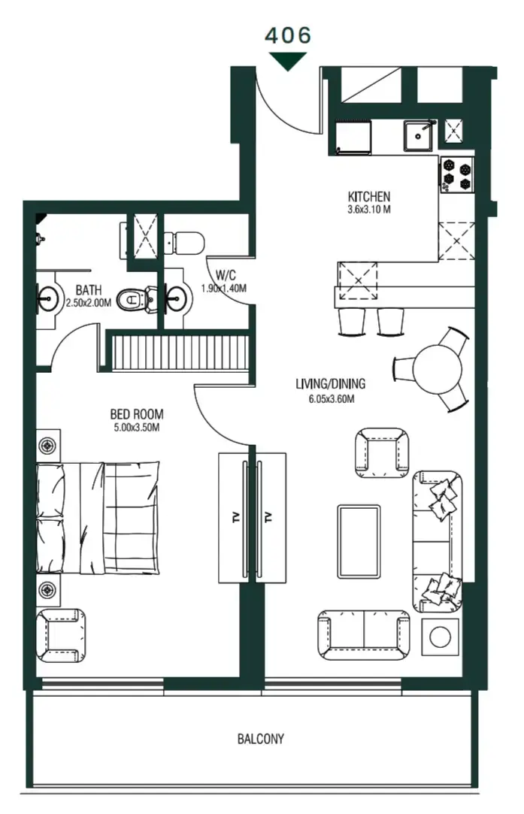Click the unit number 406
(x=287, y=35)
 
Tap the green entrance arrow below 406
(x=287, y=62)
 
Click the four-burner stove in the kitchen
(x=457, y=174)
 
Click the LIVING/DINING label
(x=330, y=385)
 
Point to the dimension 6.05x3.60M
(x=330, y=398)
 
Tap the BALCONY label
(x=261, y=739)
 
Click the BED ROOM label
(x=137, y=414)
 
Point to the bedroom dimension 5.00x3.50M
(x=137, y=428)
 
